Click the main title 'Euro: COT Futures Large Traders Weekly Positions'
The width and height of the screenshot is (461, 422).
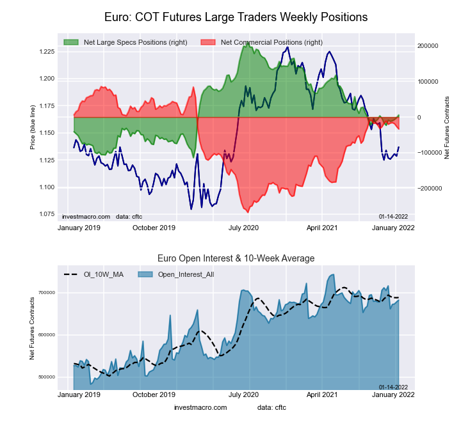[236, 17]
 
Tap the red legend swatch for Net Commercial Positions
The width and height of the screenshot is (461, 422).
[207, 42]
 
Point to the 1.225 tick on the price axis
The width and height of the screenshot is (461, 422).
[45, 51]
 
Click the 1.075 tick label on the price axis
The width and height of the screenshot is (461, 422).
[45, 214]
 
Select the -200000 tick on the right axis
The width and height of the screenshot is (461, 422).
[430, 189]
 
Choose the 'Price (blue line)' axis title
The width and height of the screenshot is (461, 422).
[32, 127]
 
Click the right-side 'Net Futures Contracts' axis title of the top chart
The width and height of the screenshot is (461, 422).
[447, 127]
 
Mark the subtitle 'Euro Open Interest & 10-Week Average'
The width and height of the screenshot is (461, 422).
[236, 258]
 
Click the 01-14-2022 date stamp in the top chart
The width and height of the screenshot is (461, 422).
[393, 216]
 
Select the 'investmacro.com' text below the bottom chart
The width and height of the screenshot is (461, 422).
[200, 407]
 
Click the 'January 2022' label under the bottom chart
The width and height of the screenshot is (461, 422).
[393, 395]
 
